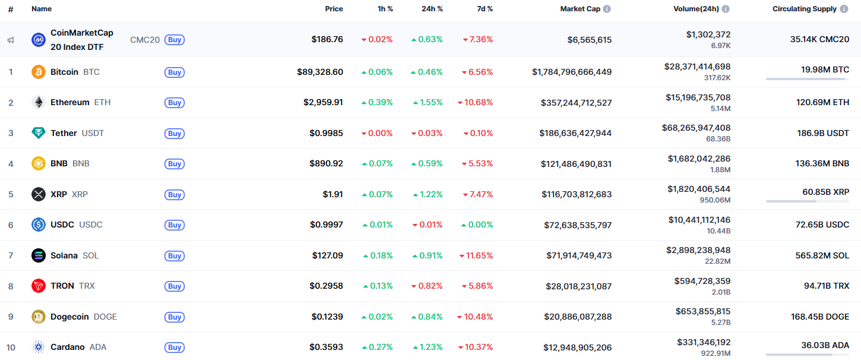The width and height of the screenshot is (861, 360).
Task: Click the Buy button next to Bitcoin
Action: pyautogui.click(x=175, y=72)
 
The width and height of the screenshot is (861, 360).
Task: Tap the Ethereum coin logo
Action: pyautogui.click(x=39, y=102)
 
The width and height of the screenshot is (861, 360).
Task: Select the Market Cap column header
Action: pyautogui.click(x=580, y=9)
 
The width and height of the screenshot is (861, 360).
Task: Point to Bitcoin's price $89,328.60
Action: pyautogui.click(x=320, y=72)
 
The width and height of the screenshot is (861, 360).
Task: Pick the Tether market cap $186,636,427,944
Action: pyautogui.click(x=575, y=133)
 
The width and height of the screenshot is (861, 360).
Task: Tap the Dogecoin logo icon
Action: pyautogui.click(x=39, y=317)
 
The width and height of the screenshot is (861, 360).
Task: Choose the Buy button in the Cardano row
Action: pyautogui.click(x=175, y=348)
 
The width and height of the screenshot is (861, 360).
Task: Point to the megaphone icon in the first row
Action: pyautogui.click(x=11, y=40)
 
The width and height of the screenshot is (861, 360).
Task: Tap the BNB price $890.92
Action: pyautogui.click(x=326, y=163)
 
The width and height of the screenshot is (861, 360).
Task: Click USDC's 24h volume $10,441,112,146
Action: pyautogui.click(x=699, y=220)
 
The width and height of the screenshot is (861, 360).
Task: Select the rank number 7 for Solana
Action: pyautogui.click(x=11, y=255)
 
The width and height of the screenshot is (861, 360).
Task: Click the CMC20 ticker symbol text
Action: pyautogui.click(x=145, y=40)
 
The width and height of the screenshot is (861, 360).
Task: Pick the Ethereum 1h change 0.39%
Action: pyautogui.click(x=377, y=102)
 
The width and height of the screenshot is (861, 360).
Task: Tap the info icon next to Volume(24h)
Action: pyautogui.click(x=726, y=9)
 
